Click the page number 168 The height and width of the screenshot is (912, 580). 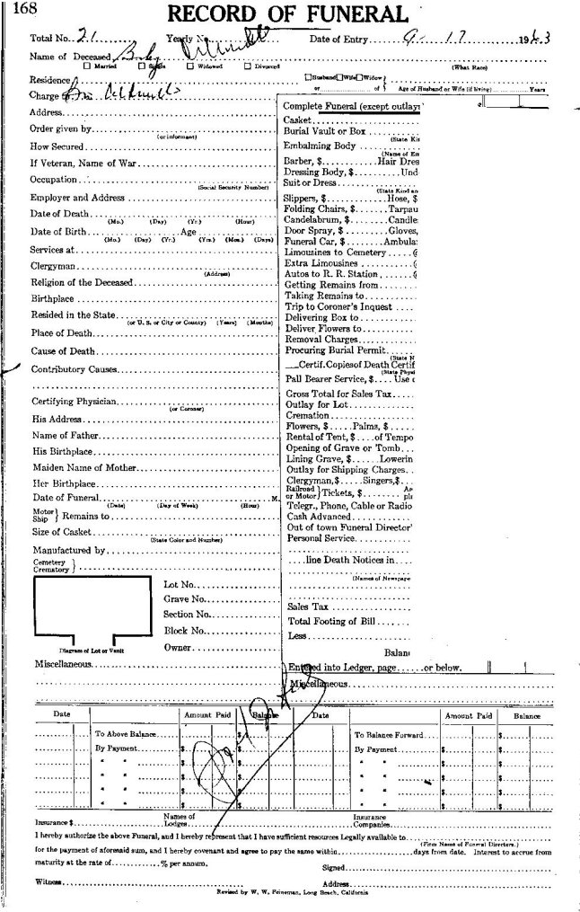[14, 10]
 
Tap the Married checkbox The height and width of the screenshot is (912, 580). [85, 66]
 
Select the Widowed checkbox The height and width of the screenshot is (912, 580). [189, 66]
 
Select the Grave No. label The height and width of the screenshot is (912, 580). [186, 598]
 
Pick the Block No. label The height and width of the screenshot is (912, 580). [187, 631]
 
